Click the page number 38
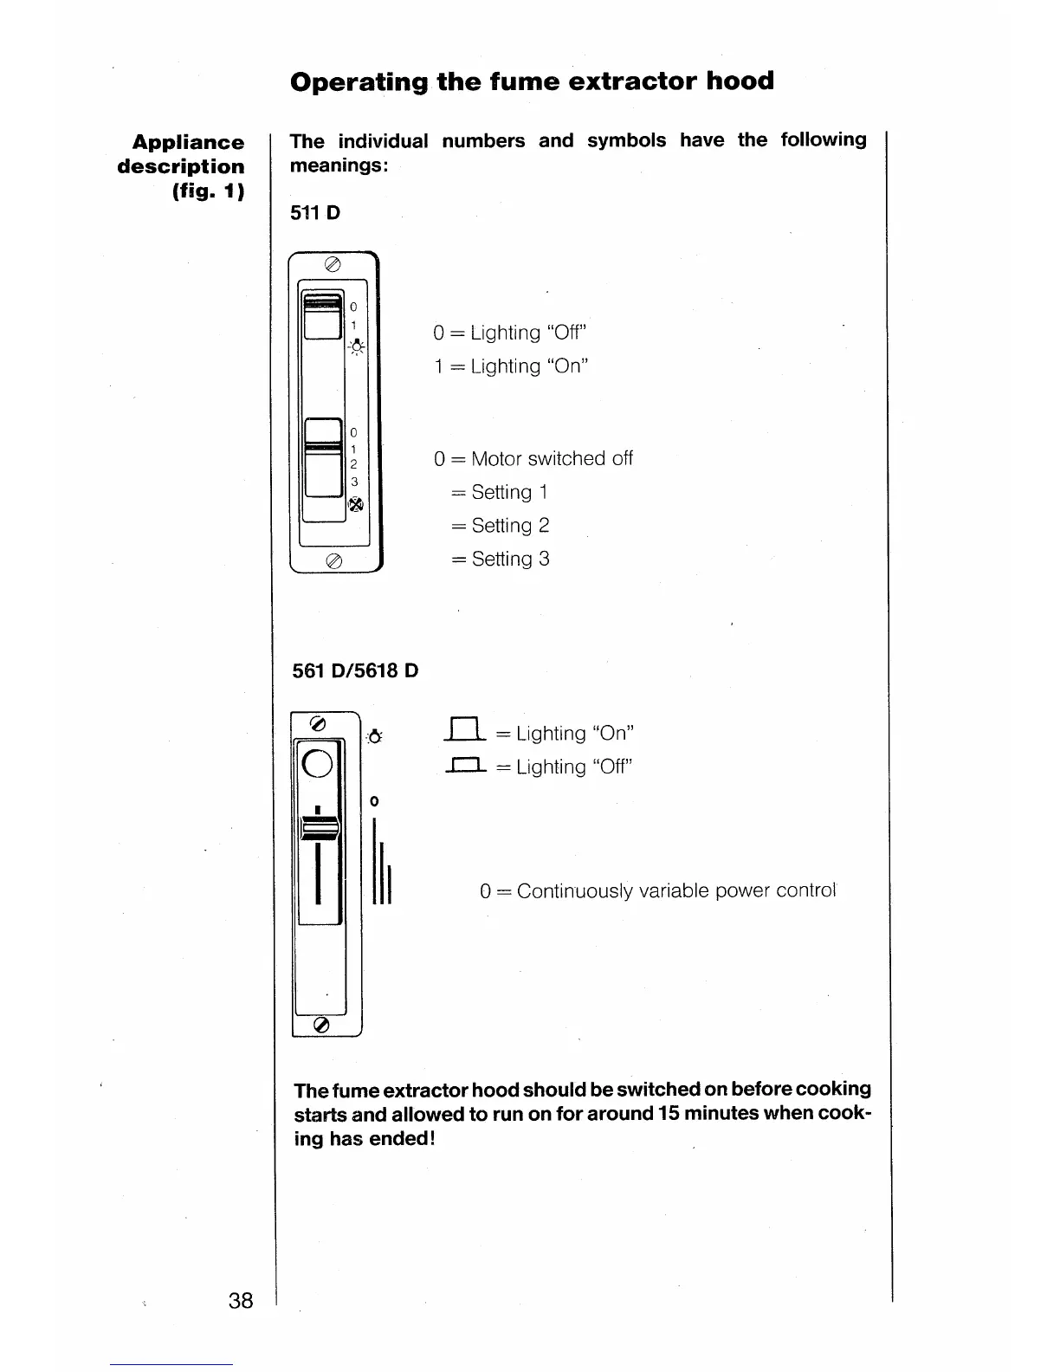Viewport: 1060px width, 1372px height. click(x=241, y=1300)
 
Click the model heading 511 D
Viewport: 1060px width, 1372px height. click(x=316, y=212)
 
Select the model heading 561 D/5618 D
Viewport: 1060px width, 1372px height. click(x=355, y=670)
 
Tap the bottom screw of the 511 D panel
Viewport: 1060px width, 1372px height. click(x=333, y=561)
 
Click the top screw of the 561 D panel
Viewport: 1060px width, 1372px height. click(x=318, y=723)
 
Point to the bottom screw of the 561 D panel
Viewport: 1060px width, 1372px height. click(x=320, y=1025)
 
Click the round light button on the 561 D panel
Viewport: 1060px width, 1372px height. click(x=318, y=761)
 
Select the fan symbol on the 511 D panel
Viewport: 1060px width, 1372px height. click(x=354, y=505)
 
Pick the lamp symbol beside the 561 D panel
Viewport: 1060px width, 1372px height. click(x=374, y=737)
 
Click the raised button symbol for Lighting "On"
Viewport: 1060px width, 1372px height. click(x=465, y=732)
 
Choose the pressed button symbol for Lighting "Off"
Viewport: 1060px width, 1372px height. click(x=465, y=766)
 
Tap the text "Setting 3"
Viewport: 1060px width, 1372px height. click(x=510, y=560)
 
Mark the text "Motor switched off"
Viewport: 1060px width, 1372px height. click(x=552, y=458)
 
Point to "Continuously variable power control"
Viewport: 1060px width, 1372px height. click(x=675, y=891)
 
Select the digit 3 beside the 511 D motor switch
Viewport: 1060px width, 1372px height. click(x=353, y=482)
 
